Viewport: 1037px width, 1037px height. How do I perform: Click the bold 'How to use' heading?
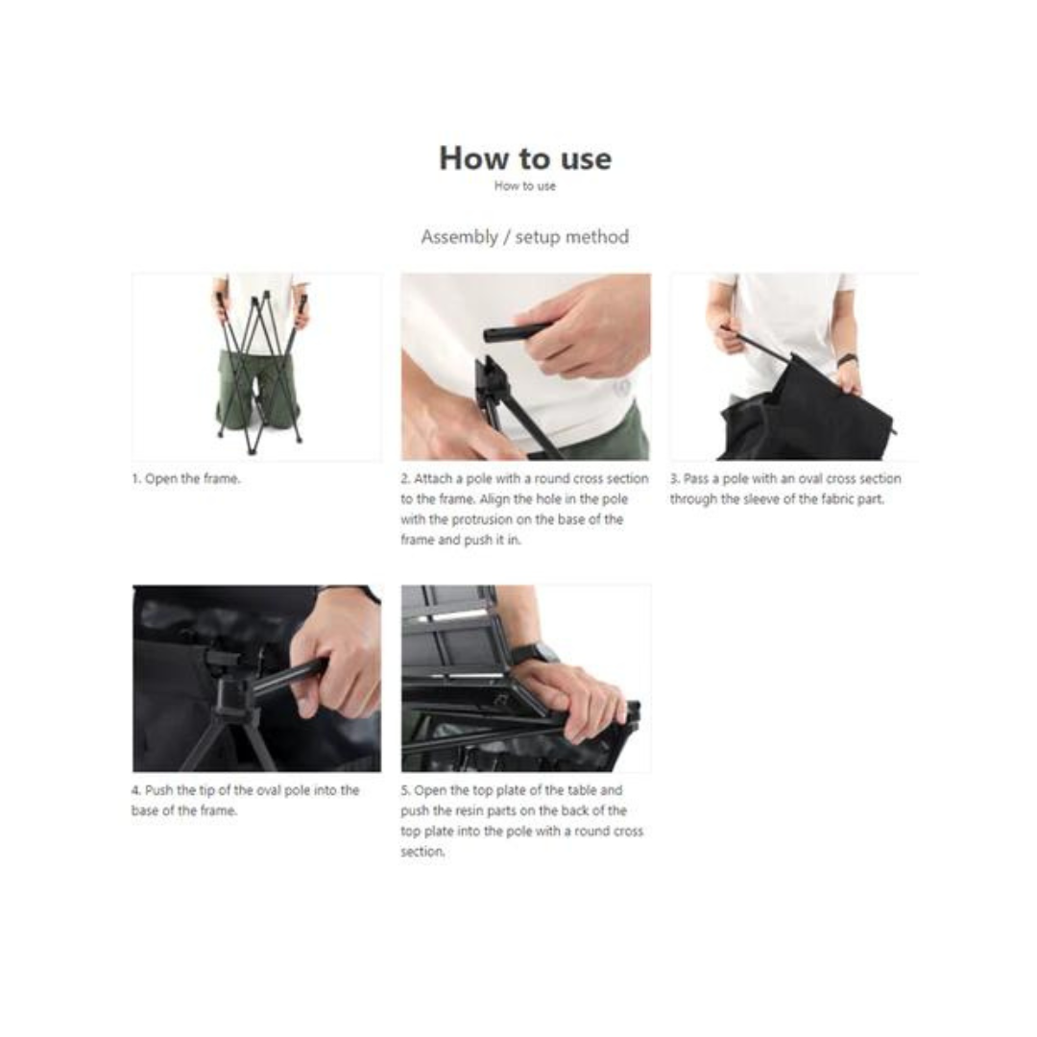[x=525, y=158]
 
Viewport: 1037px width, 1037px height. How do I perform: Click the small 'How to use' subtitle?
[x=525, y=186]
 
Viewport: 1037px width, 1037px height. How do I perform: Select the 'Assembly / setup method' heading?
[x=525, y=237]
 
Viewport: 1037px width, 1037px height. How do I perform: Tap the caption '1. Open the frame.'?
[x=186, y=479]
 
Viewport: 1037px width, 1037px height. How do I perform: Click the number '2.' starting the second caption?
[x=405, y=479]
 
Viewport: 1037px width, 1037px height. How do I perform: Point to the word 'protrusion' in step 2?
[x=482, y=519]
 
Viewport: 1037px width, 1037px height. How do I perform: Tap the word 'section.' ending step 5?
[x=422, y=852]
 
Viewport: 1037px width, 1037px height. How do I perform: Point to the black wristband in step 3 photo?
[x=847, y=360]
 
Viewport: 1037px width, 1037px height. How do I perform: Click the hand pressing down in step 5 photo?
[x=574, y=701]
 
